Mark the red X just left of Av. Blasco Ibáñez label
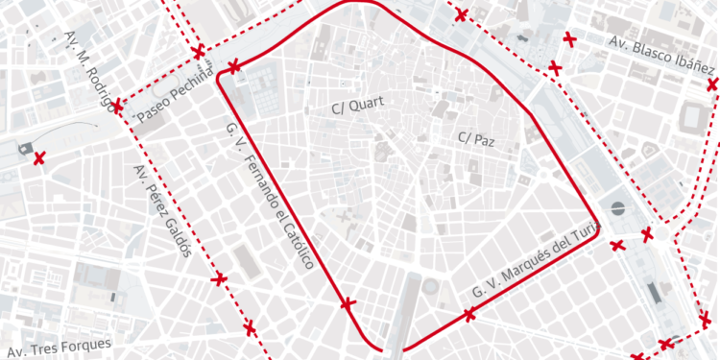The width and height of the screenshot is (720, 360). coord(569,39)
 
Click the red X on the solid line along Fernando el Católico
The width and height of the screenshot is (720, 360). coord(348,304)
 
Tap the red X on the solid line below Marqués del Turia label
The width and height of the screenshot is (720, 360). coord(469,314)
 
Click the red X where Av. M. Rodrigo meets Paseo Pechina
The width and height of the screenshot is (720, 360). coord(117,105)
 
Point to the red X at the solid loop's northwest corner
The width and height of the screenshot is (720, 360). coord(234,66)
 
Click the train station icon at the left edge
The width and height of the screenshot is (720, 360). coord(22,147)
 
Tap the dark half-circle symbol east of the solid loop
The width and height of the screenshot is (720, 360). coord(617,207)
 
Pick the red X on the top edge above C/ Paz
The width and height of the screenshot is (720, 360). coord(462,14)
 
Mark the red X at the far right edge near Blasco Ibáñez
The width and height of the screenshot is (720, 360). coord(712,84)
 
